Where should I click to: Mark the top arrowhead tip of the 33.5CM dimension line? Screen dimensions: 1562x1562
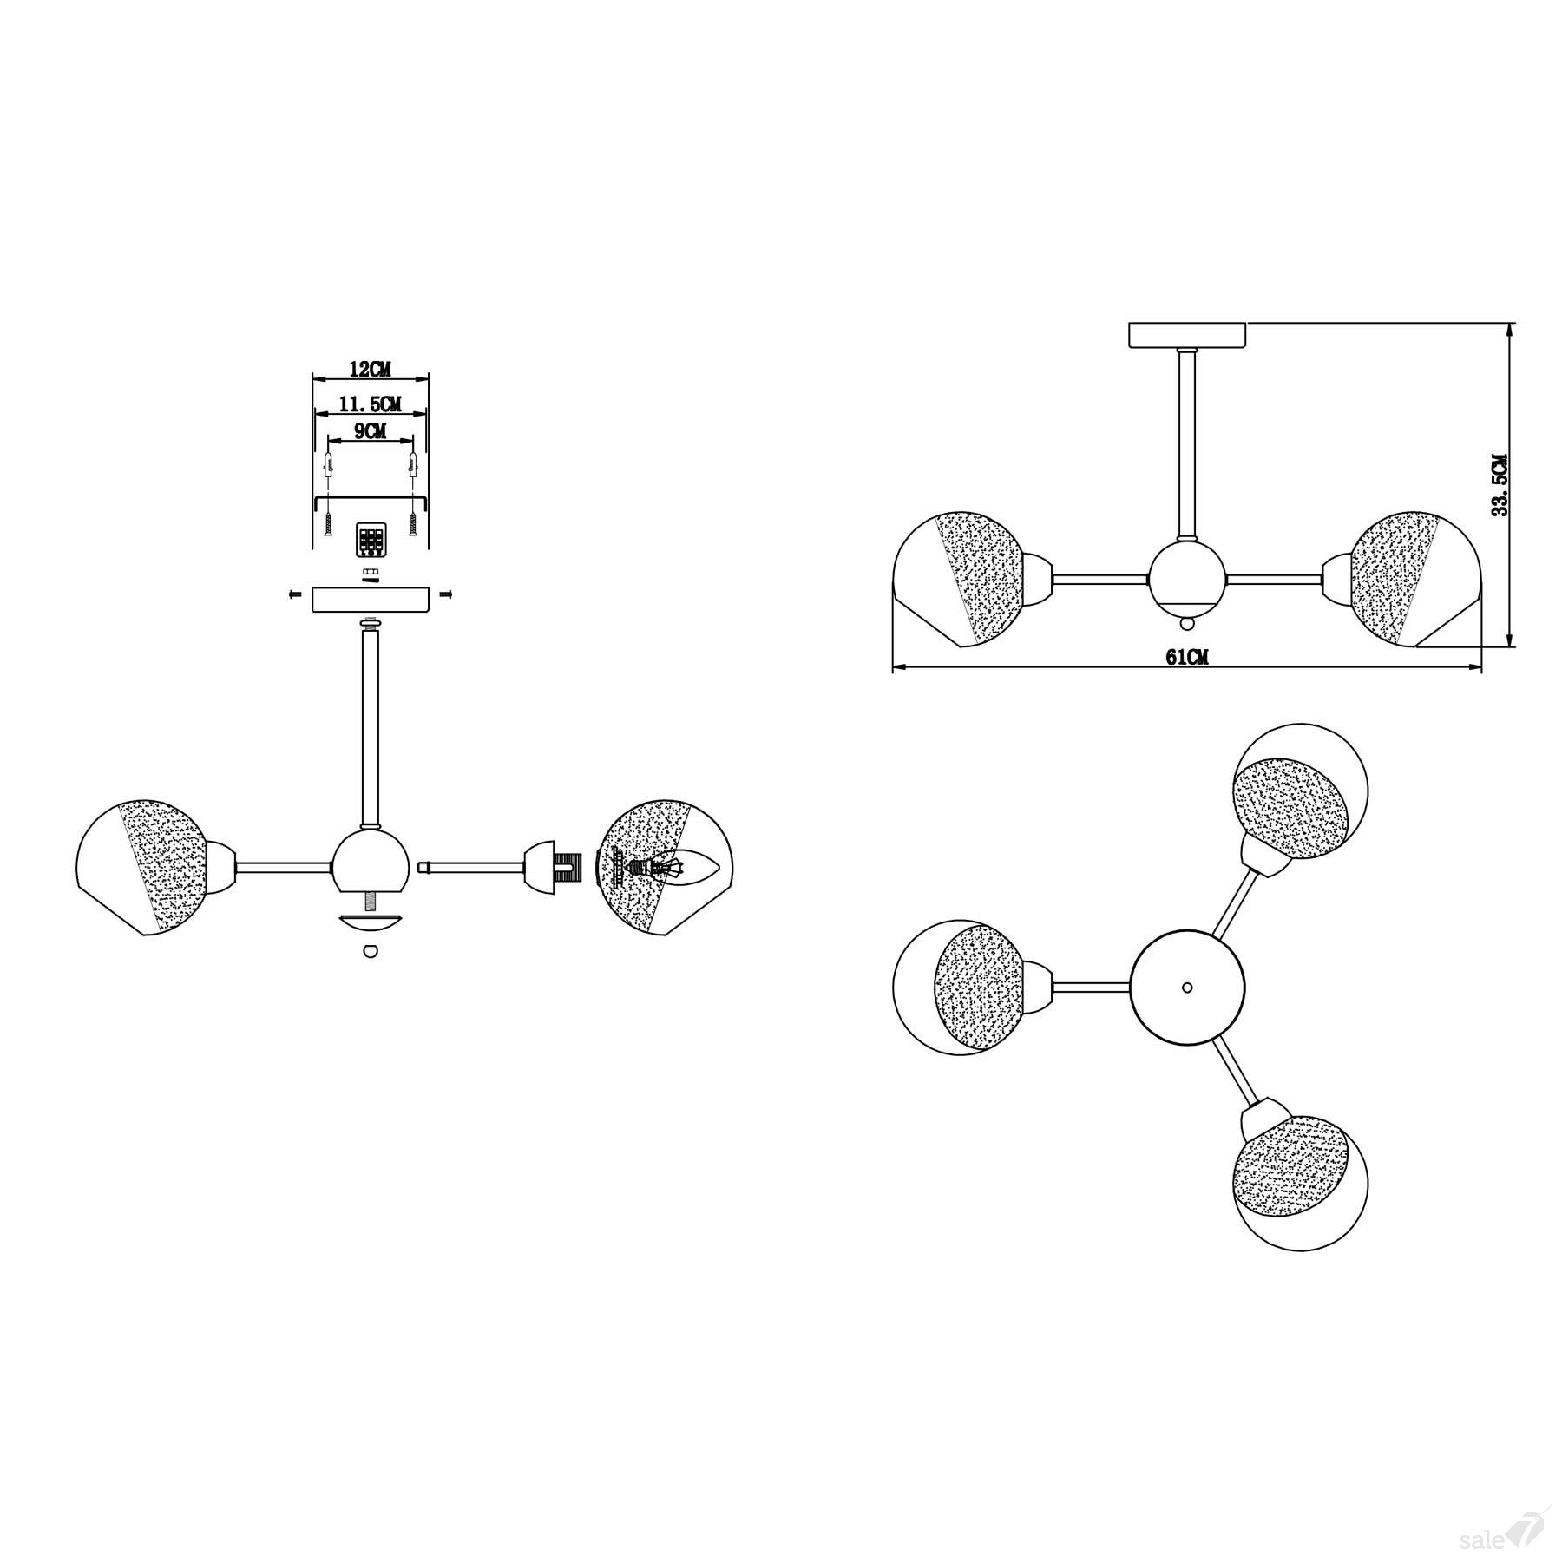click(x=1513, y=323)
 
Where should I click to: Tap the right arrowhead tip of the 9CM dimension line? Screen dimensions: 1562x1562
click(x=413, y=441)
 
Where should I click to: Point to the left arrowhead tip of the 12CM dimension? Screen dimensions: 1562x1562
click(x=312, y=378)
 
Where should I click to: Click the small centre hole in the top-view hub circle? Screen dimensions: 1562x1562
click(x=1187, y=988)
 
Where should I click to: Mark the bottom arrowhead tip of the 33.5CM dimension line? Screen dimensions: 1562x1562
click(x=1513, y=647)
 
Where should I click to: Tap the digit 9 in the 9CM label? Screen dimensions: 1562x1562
click(x=358, y=431)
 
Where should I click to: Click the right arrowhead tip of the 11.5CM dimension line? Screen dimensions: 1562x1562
click(x=428, y=414)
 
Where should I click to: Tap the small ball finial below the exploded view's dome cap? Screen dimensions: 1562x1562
click(x=371, y=950)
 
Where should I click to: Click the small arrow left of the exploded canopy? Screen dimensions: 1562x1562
click(x=294, y=594)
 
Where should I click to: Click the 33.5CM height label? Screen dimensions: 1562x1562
click(x=1500, y=485)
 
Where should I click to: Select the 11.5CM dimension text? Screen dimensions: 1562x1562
click(x=371, y=404)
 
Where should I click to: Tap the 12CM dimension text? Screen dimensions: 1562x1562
click(x=370, y=369)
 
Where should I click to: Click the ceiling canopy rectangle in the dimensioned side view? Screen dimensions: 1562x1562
click(x=1186, y=335)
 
